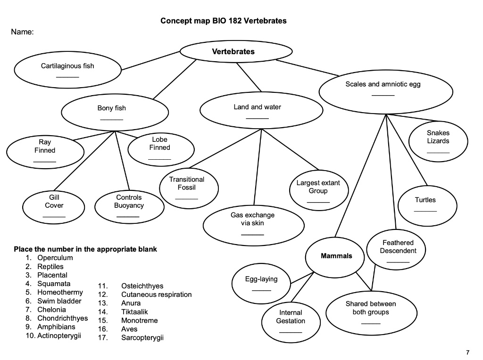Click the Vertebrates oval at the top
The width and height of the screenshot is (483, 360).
click(236, 52)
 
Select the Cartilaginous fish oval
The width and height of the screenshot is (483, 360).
click(67, 70)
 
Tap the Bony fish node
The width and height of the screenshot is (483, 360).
click(115, 112)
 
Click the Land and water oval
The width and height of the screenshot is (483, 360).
click(261, 111)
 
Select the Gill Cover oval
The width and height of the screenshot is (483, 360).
click(54, 206)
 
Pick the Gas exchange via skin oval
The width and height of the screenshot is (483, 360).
click(252, 223)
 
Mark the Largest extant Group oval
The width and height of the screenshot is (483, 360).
click(318, 190)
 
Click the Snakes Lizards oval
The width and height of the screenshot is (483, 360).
click(438, 141)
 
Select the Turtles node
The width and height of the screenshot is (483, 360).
click(425, 204)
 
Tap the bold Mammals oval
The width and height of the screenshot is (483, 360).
click(336, 256)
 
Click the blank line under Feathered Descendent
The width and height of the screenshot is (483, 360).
click(398, 262)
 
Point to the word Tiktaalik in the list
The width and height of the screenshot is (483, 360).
click(134, 312)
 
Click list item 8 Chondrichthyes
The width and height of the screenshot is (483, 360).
click(62, 319)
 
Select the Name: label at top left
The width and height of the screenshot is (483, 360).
click(23, 33)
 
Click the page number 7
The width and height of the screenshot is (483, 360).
click(467, 352)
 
